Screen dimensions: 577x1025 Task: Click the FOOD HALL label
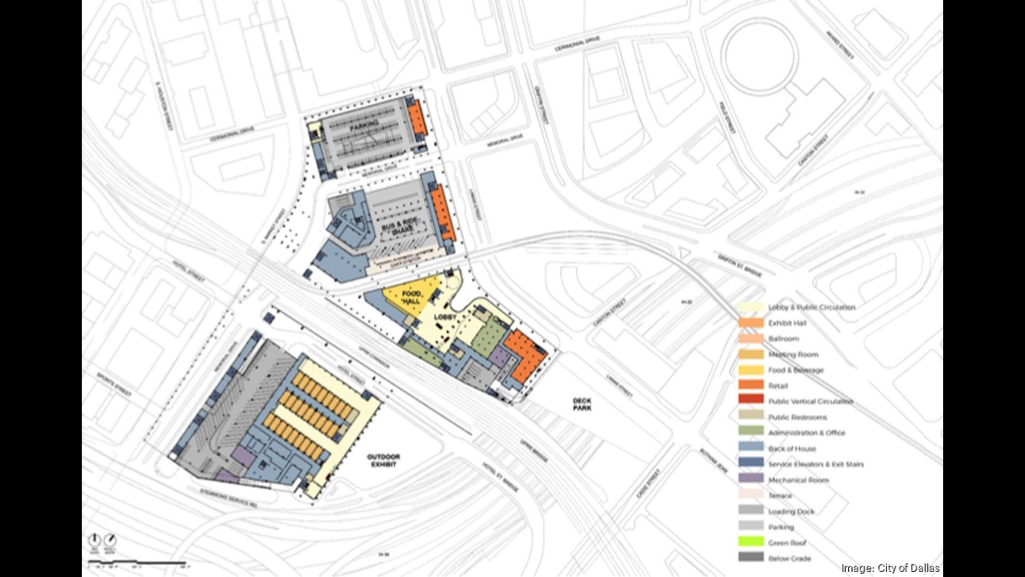coord(411,298)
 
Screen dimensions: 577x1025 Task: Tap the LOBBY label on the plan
coord(445,317)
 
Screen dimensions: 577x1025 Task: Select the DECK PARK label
coord(582,404)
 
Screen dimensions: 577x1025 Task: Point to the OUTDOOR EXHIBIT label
coord(383,461)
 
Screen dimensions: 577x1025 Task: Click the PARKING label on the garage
coord(364,126)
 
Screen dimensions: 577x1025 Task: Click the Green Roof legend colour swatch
coord(751,542)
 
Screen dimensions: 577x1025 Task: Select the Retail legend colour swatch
coord(751,385)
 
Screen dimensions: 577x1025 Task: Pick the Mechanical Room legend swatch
coord(751,479)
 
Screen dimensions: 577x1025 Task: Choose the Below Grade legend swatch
coord(751,557)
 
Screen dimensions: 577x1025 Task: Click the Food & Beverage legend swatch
coord(751,370)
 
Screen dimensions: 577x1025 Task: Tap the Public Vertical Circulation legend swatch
coord(751,401)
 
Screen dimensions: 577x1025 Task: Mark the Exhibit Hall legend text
coord(787,323)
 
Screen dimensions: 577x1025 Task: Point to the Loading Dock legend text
coord(791,512)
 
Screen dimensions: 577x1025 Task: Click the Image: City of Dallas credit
coord(890,568)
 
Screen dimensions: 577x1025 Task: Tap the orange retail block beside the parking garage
coord(417,119)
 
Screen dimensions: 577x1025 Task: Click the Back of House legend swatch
coord(751,448)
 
